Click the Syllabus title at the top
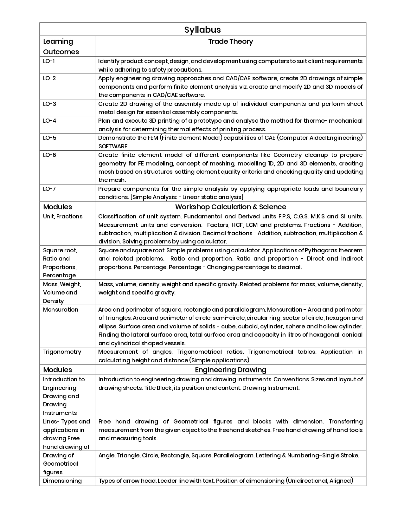click(x=202, y=29)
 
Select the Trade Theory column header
click(x=230, y=42)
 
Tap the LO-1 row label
click(x=49, y=61)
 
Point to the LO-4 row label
click(x=49, y=121)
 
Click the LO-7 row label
click(x=49, y=189)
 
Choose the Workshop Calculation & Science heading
click(x=230, y=207)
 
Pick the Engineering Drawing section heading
click(x=230, y=370)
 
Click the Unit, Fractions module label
click(x=63, y=216)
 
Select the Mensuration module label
click(x=61, y=310)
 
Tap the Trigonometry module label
click(x=62, y=352)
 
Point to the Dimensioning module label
click(x=62, y=481)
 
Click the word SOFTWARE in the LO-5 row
click(x=113, y=146)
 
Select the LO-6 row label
click(x=49, y=155)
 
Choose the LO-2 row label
click(x=49, y=78)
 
